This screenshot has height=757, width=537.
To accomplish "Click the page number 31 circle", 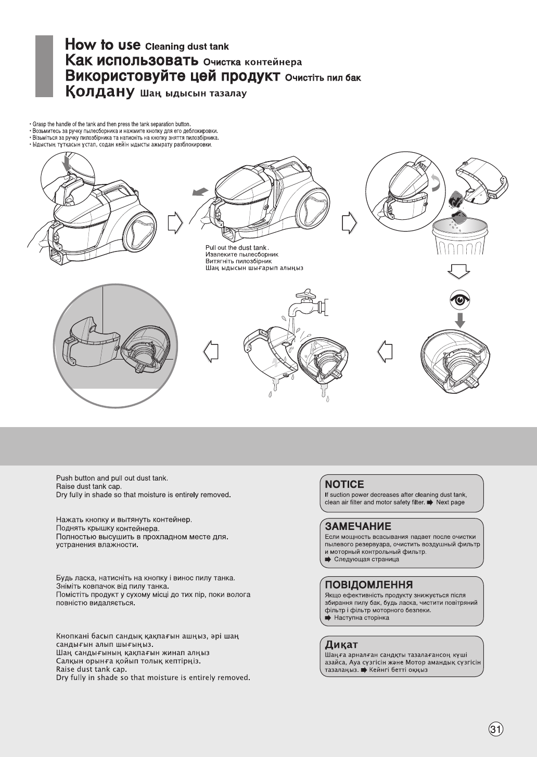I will [x=496, y=729].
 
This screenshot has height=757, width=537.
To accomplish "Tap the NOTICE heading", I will [x=344, y=484].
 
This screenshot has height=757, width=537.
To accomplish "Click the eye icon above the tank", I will [x=459, y=299].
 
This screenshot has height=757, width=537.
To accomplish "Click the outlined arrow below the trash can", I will [x=459, y=272].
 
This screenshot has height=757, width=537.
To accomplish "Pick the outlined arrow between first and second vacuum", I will [x=176, y=222].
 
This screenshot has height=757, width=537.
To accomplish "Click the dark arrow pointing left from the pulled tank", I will [x=199, y=193].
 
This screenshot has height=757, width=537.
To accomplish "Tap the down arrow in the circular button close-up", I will [x=66, y=165].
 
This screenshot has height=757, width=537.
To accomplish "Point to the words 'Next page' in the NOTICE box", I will [x=450, y=502].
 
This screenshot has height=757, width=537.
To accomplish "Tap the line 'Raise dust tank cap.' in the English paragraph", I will [x=89, y=486].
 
